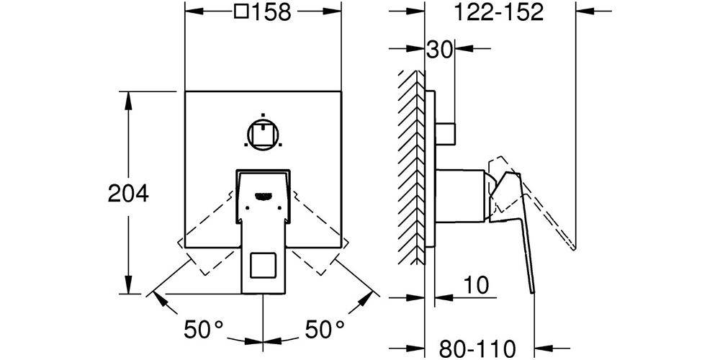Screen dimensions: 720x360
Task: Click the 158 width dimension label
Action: click(271, 12)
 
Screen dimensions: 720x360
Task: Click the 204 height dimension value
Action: click(128, 193)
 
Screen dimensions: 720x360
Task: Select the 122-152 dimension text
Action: click(499, 12)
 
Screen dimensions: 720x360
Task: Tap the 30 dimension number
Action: click(440, 49)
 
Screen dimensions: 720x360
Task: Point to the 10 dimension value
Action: click(475, 286)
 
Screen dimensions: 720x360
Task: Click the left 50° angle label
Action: click(204, 329)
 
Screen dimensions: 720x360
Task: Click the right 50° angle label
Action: click(325, 329)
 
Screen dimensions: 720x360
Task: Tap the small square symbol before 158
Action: click(241, 12)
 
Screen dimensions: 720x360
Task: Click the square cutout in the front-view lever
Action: click(263, 266)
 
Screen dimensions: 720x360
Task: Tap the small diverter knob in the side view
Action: click(445, 134)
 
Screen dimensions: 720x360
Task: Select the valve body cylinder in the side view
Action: click(459, 196)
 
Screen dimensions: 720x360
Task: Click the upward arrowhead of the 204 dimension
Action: click(128, 99)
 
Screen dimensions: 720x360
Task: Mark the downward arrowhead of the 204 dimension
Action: click(128, 285)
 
